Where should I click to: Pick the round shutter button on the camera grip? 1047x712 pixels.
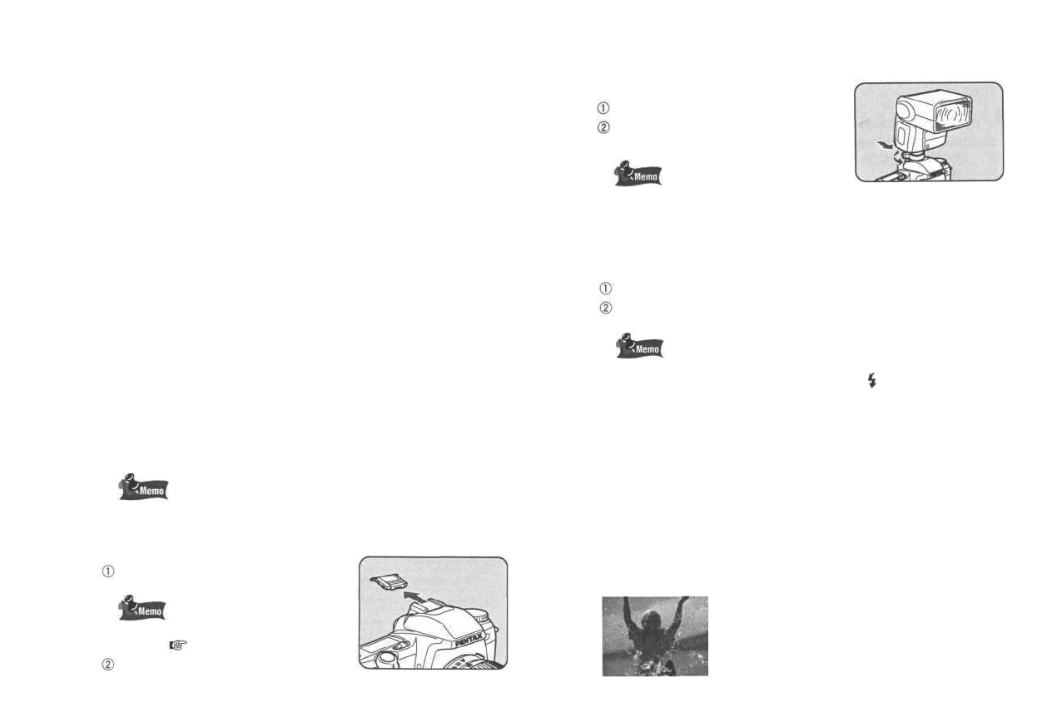(x=384, y=657)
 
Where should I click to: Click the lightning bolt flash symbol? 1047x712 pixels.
(x=871, y=381)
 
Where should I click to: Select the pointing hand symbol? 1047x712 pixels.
(x=176, y=643)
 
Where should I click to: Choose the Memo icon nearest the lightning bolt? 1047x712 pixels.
(x=639, y=345)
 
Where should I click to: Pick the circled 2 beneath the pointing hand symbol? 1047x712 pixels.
(x=106, y=665)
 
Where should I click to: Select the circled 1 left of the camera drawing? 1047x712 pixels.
(x=106, y=571)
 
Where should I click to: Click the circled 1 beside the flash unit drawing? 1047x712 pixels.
(x=604, y=108)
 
